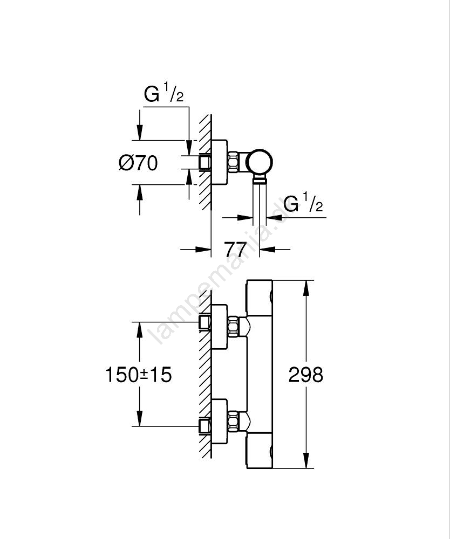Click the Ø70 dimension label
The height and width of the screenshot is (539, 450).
point(138,162)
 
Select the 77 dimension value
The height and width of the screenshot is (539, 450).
point(235,250)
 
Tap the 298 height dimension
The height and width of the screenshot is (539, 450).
point(305,374)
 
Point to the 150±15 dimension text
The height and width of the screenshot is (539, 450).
point(138,374)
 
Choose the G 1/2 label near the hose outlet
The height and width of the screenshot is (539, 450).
point(303,205)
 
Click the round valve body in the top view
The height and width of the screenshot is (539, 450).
point(260,161)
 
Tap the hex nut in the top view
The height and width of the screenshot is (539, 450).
point(234,162)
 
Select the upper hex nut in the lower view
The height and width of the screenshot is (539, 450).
point(234,327)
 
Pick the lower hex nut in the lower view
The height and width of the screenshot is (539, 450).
point(234,421)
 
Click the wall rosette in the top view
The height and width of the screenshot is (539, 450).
point(219,162)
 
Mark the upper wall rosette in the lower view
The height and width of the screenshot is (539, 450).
point(219,327)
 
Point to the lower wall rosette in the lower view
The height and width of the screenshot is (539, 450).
point(219,421)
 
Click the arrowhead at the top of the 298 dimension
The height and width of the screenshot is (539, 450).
point(306,288)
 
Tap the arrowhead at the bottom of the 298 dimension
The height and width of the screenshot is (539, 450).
point(306,460)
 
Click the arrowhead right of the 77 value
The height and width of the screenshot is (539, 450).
point(267,250)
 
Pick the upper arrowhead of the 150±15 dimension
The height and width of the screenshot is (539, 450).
point(140,330)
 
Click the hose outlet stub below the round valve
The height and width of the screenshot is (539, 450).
point(260,181)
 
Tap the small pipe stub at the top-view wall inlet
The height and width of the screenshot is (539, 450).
point(204,162)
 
